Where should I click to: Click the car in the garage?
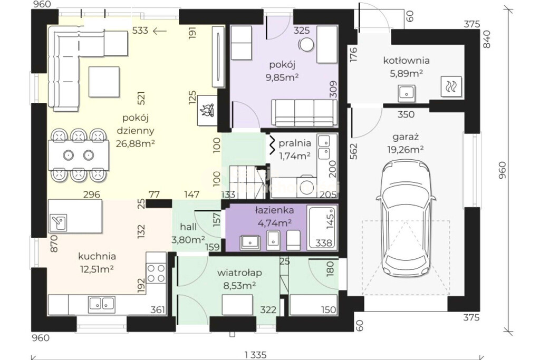click(406, 219)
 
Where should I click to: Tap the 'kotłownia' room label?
click(407, 61)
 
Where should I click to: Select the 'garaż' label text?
click(406, 137)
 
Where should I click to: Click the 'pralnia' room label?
click(295, 143)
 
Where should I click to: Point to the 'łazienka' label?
click(274, 210)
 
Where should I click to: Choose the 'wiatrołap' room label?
click(239, 273)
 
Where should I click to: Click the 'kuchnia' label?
click(97, 256)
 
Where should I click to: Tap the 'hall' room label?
click(188, 227)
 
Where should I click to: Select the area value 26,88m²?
click(135, 143)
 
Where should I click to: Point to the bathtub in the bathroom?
click(321, 227)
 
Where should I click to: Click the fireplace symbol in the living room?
click(208, 110)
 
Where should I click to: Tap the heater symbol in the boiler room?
click(451, 86)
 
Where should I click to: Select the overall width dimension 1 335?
click(256, 354)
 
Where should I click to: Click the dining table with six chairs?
click(79, 155)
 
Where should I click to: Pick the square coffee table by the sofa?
click(104, 82)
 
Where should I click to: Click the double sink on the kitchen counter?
click(102, 304)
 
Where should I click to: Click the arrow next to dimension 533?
click(159, 31)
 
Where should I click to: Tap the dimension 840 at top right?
click(487, 39)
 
